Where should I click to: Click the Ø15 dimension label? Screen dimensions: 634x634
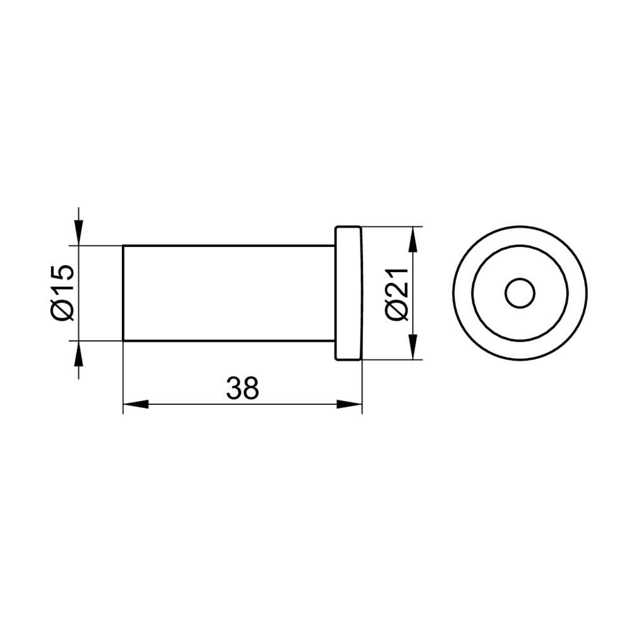pos(63,293)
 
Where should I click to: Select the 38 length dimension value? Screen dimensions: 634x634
pos(242,388)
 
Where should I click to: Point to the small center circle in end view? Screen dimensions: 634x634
pos(520,293)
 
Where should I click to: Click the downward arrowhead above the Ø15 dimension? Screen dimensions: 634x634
pos(79,232)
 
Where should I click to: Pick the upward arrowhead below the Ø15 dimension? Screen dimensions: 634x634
pos(79,354)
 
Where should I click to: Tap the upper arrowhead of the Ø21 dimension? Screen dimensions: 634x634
pos(412,239)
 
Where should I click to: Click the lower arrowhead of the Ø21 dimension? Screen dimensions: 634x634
pos(412,347)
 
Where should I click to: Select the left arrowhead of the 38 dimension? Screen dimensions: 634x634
pos(136,404)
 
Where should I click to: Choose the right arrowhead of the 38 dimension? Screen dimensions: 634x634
pos(349,404)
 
